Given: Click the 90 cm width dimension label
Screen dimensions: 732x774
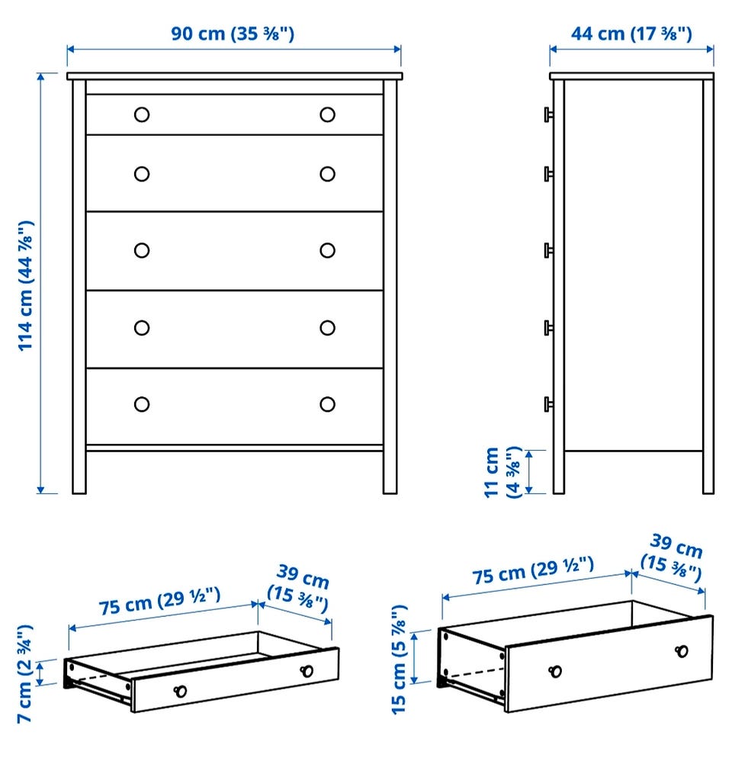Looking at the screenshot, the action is tap(233, 34).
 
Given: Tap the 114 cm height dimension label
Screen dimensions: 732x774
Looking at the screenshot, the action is tap(26, 286).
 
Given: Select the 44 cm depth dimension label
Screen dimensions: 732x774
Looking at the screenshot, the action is tap(631, 34).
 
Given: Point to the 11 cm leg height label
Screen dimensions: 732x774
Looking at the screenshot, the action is tap(502, 472).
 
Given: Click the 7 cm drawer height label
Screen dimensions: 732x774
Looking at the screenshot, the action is tap(24, 674).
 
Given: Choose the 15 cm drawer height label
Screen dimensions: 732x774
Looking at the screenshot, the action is tap(399, 660).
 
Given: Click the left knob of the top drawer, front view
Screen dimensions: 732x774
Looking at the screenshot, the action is tap(142, 114).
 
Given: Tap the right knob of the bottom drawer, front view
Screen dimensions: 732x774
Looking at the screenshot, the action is tap(327, 404).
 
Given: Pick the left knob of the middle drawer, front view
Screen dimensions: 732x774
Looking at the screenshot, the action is tap(142, 250).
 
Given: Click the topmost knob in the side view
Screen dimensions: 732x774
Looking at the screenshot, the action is tap(548, 114).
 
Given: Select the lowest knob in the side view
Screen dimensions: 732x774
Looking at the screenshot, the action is tap(548, 404).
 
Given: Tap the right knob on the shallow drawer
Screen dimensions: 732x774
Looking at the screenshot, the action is tap(307, 671).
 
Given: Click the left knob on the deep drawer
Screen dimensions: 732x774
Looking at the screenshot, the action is tap(555, 671).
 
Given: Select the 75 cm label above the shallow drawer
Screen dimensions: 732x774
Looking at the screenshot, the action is tap(159, 602).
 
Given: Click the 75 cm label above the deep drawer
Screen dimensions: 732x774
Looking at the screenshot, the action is tap(533, 570).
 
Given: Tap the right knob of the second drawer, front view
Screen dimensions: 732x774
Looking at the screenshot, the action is tap(327, 174).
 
